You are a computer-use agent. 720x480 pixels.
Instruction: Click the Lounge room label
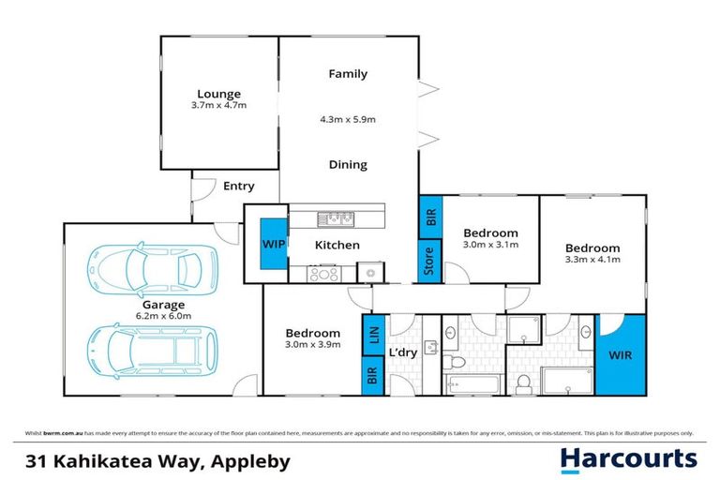point(219,94)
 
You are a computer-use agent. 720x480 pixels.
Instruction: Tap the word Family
point(348,74)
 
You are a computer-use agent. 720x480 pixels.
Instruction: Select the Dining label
point(348,165)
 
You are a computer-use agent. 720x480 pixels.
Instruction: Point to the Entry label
point(238,187)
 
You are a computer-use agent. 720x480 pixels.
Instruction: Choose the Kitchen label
point(337,246)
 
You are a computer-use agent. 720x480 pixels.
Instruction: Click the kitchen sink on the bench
point(335,219)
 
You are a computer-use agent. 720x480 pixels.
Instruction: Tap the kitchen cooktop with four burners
point(324,274)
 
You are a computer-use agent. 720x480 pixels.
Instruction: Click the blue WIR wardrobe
point(621,357)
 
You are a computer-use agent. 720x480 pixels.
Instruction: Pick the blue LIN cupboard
point(369,335)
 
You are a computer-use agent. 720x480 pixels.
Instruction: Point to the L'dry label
point(402,352)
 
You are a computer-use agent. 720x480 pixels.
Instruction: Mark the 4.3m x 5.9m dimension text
point(348,120)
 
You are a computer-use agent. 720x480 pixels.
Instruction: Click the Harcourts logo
point(628,458)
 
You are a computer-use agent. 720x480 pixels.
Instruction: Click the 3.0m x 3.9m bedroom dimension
point(312,345)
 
